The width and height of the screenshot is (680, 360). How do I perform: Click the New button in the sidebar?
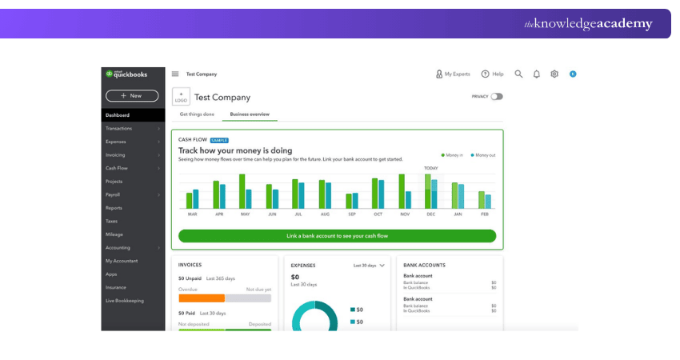[x=132, y=96]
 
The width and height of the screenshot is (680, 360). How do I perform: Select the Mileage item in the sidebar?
[x=114, y=234]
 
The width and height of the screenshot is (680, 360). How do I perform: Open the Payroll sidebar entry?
[x=113, y=194]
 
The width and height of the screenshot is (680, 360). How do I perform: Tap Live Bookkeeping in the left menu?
[x=125, y=301]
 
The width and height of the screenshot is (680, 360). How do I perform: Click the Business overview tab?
[x=250, y=114]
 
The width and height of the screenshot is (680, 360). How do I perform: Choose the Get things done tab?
[x=196, y=114]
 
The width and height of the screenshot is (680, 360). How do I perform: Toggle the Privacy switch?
[x=497, y=97]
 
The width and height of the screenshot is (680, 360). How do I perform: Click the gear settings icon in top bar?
[x=554, y=74]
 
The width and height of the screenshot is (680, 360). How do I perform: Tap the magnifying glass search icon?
[x=518, y=74]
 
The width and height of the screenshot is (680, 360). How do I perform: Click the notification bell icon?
[x=537, y=74]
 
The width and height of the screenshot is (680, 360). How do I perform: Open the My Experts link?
[x=453, y=74]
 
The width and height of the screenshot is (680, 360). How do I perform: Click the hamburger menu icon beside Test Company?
[x=175, y=74]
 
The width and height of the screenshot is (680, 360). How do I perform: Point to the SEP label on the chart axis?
[x=352, y=214]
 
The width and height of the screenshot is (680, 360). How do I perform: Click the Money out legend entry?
[x=482, y=155]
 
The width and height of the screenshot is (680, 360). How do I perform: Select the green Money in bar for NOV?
[x=402, y=191]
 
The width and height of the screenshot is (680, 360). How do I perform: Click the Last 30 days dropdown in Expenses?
[x=370, y=265]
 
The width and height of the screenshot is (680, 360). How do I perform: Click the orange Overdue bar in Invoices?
[x=202, y=298]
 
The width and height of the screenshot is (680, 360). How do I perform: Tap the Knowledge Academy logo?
[x=588, y=24]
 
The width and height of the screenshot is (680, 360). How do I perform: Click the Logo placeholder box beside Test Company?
[x=181, y=97]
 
